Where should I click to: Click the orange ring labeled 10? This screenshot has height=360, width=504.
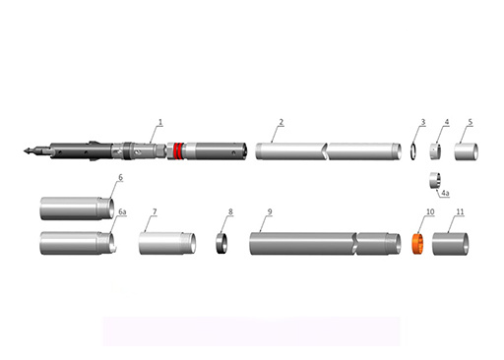[417, 244]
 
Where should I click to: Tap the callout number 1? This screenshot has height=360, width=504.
[160, 122]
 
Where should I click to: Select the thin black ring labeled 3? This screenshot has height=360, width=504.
[414, 150]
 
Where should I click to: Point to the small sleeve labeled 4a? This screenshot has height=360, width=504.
[435, 180]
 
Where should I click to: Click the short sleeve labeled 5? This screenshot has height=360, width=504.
[466, 151]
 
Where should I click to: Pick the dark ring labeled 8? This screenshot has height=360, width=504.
[221, 243]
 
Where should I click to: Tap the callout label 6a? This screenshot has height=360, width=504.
[122, 211]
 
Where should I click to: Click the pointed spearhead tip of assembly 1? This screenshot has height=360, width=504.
[25, 150]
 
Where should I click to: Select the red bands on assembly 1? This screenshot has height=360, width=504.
[178, 150]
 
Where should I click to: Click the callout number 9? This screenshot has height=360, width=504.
[270, 211]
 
